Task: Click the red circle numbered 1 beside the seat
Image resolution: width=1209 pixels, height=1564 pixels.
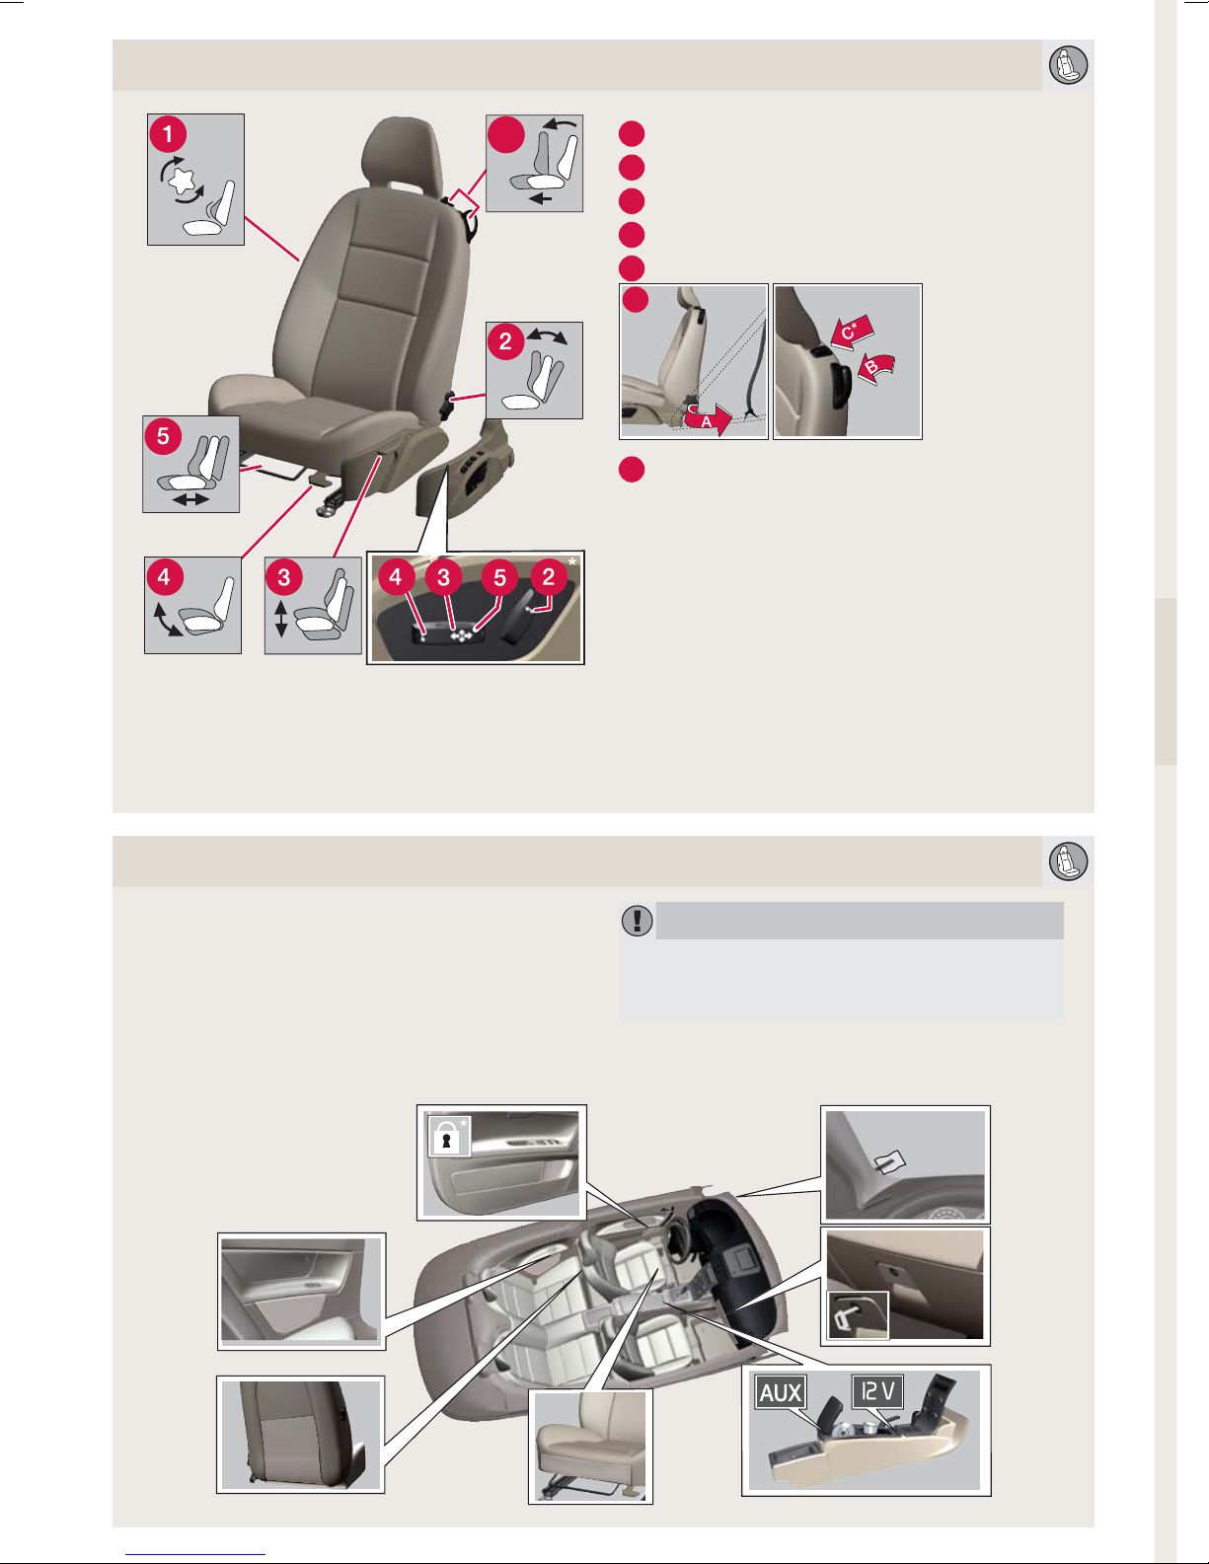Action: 168,134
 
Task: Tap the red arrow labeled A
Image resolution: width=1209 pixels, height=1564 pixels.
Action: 709,418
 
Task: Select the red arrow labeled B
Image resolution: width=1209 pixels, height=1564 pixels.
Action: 875,368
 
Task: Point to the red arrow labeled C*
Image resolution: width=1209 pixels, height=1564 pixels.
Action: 852,332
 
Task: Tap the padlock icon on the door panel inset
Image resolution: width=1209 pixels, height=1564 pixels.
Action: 447,1137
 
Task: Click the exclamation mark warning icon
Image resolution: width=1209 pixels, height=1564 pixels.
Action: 637,920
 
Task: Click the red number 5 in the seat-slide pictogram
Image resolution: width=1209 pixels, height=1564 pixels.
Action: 164,436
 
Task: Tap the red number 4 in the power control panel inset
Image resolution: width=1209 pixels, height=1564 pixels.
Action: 395,576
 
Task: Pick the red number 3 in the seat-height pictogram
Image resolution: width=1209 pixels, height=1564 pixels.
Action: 284,576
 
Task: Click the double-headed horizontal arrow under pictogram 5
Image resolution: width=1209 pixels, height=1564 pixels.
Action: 190,498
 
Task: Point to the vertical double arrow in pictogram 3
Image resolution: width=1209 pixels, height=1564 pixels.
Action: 281,619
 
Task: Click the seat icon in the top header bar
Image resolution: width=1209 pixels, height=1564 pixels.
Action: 1068,65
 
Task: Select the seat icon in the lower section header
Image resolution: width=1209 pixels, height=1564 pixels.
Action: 1068,861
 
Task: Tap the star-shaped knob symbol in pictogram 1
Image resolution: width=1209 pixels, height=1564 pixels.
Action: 183,180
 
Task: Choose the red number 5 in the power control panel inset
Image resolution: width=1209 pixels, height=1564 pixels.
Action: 499,577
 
